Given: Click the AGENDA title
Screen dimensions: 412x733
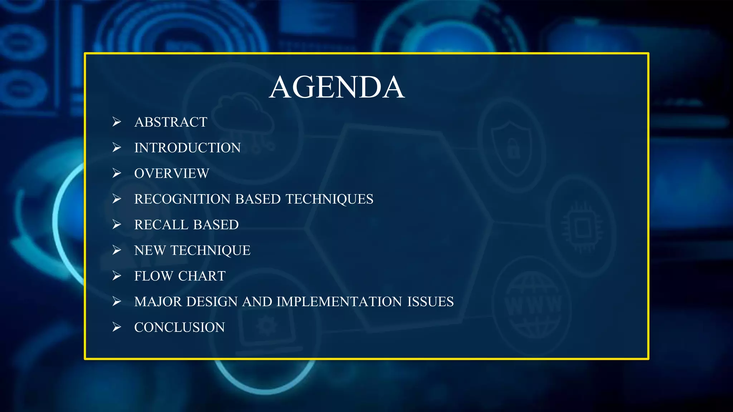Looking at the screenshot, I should [x=337, y=87].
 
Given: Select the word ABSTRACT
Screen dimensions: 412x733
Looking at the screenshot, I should [x=171, y=122].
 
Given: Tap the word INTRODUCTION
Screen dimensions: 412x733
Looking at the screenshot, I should [x=187, y=148].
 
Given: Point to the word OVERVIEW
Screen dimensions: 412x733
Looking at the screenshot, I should [x=171, y=173].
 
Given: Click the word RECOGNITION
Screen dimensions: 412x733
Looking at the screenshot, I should [x=182, y=199].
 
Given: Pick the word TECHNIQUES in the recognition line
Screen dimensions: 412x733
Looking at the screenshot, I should [x=329, y=199].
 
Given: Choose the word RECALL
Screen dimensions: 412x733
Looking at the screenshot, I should [x=161, y=225].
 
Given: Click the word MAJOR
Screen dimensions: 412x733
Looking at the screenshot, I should [x=158, y=302].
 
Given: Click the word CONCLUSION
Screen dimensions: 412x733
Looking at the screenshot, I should [x=179, y=328].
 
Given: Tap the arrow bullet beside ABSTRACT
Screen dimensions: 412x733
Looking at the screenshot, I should [x=117, y=122].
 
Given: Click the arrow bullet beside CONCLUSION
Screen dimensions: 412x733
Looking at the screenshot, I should [x=117, y=327].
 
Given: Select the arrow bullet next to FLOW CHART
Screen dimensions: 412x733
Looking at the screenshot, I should [x=117, y=276].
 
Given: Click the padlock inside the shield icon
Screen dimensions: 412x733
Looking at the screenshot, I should [x=513, y=148].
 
